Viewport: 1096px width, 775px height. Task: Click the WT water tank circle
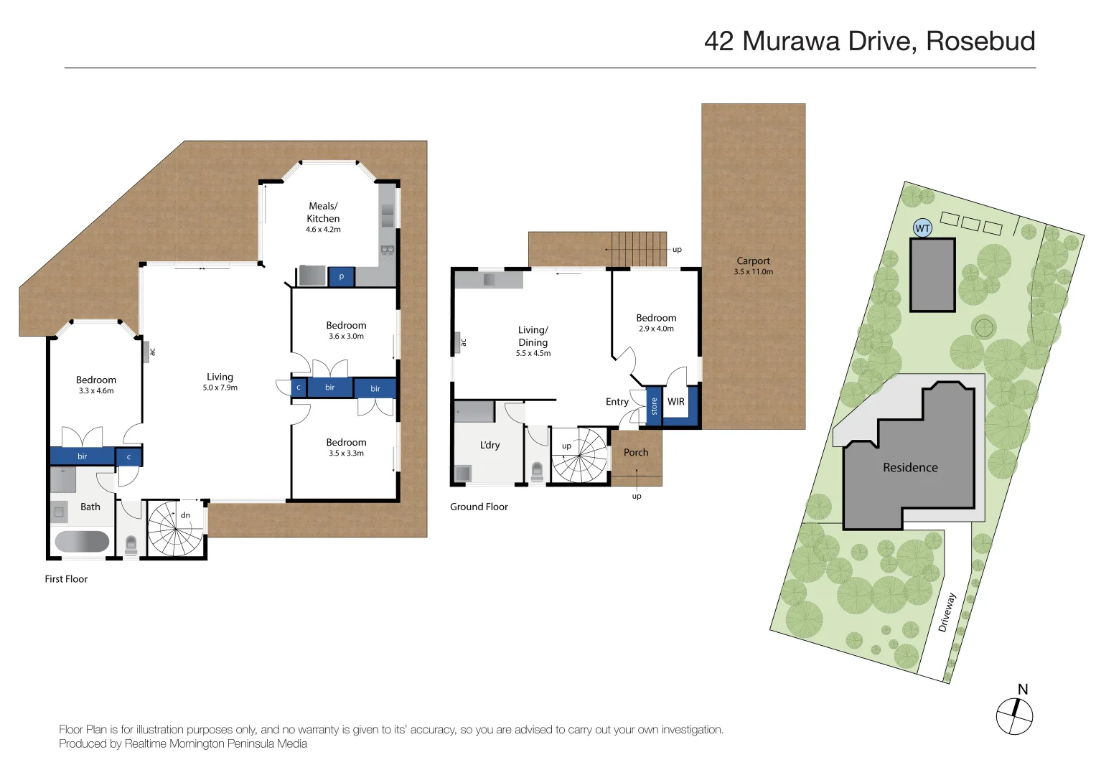[922, 228]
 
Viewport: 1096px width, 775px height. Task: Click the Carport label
[753, 261]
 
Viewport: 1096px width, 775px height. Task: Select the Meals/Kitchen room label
[323, 212]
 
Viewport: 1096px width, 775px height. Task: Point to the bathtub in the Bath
[82, 541]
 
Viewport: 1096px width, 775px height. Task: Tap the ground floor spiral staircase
[579, 456]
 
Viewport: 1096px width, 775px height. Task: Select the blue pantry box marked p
[342, 276]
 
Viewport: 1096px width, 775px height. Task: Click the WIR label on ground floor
[675, 402]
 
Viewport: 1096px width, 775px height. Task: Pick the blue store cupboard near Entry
[654, 406]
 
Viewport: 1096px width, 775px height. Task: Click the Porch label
[635, 452]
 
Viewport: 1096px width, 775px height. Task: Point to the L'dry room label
[490, 445]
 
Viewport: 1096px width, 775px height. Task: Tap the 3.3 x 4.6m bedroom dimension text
[96, 391]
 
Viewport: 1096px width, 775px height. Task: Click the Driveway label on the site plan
[947, 612]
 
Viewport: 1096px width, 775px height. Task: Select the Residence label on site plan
[910, 467]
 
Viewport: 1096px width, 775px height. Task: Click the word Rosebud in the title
[980, 41]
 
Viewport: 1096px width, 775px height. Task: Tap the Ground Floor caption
[479, 507]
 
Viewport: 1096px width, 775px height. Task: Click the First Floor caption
[66, 579]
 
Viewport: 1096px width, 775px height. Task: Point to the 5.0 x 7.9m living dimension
[220, 387]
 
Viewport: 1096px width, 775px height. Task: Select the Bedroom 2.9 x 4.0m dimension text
[656, 329]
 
